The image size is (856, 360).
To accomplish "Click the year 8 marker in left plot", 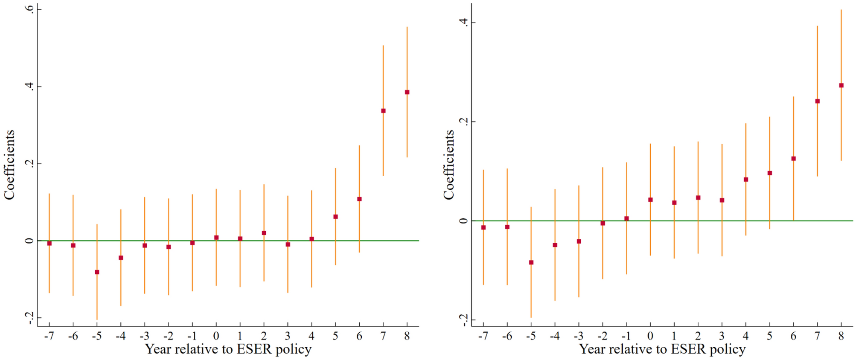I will [x=407, y=92].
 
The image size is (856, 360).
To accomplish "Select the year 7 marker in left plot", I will [x=383, y=111].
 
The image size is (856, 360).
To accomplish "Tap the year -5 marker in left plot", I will [x=97, y=272].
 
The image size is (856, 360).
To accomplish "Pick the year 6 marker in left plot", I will [x=359, y=199].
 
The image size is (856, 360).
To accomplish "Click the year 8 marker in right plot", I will [x=841, y=85].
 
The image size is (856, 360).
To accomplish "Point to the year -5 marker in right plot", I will [x=531, y=262].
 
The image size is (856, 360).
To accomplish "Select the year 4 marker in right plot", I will [x=746, y=180].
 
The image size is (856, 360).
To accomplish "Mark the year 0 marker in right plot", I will [x=650, y=200].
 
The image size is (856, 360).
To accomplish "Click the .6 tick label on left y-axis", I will [x=29, y=9].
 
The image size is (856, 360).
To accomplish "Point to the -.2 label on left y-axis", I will [x=29, y=318].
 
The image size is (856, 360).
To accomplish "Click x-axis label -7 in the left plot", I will [x=49, y=336].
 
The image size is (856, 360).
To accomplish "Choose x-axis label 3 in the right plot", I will [x=722, y=336].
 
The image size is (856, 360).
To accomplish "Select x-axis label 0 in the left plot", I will [x=216, y=336].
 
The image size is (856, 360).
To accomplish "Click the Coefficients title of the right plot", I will [x=448, y=165].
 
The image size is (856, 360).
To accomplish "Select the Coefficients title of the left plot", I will [x=9, y=165].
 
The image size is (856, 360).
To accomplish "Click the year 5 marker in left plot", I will [x=335, y=217].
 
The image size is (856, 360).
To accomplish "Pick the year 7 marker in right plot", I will [x=818, y=101].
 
